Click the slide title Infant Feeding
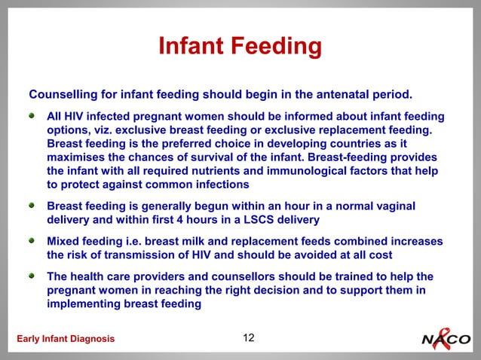point(240,47)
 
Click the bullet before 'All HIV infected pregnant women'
point(32,117)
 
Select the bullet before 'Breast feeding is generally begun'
point(32,206)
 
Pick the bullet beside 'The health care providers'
point(32,277)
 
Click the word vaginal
point(392,206)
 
